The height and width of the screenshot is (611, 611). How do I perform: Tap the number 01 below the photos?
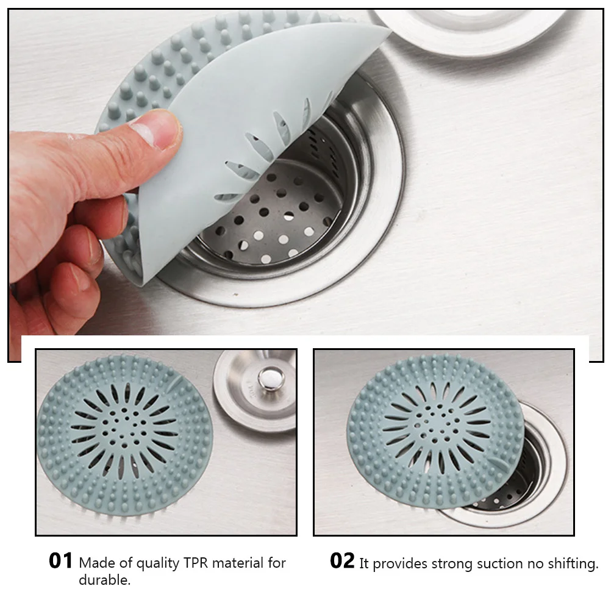click(61, 560)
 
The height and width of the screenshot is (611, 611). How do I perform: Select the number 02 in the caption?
click(342, 560)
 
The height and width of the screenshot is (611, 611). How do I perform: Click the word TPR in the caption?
click(196, 563)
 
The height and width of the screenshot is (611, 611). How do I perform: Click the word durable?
click(104, 580)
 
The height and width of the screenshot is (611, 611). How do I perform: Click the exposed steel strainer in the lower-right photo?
click(518, 482)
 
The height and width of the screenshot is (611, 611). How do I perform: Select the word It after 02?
click(364, 564)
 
